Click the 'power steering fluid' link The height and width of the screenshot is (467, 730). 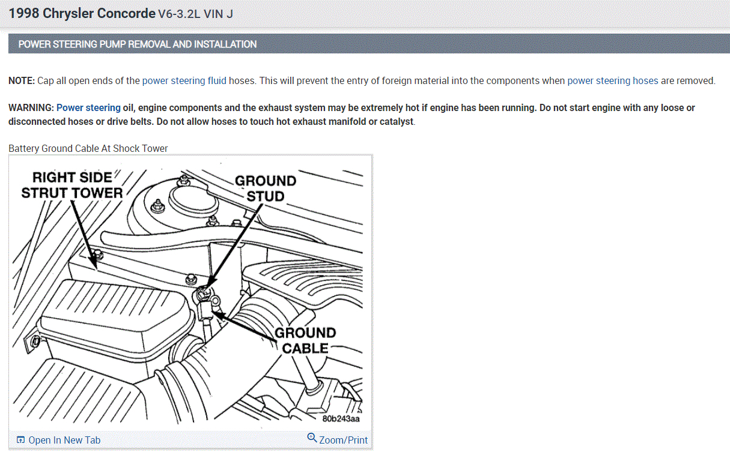[x=184, y=81]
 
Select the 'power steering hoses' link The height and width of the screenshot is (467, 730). [x=613, y=81]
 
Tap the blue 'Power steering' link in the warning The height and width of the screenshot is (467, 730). [x=88, y=108]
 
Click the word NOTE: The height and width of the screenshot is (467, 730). [x=22, y=81]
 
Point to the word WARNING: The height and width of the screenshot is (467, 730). [x=31, y=108]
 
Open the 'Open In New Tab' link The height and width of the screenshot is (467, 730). [x=64, y=441]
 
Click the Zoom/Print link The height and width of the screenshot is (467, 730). [x=343, y=441]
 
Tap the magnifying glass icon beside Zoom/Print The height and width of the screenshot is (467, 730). [x=312, y=438]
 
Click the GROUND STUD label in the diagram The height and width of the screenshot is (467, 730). [x=266, y=188]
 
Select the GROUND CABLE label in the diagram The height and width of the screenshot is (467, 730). [x=305, y=340]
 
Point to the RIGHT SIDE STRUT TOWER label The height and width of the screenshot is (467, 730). [x=71, y=185]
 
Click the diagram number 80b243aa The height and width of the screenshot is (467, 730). [x=341, y=419]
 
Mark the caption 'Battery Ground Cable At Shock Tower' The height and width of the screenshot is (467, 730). [x=88, y=148]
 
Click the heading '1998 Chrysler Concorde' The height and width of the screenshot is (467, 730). [x=82, y=13]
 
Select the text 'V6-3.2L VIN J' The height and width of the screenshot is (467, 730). [x=195, y=14]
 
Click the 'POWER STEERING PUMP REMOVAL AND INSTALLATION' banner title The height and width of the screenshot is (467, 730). [x=138, y=44]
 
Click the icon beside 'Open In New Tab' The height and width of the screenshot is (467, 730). [x=20, y=440]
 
